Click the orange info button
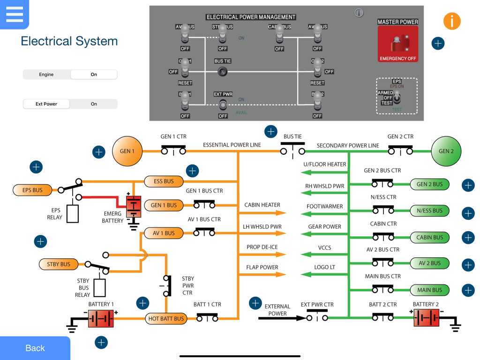[x=451, y=21]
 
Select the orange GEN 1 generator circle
[x=127, y=151]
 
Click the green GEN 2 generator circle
[x=446, y=151]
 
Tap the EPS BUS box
[x=32, y=190]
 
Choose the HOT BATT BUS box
[x=166, y=319]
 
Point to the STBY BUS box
[x=58, y=264]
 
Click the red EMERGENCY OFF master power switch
[x=398, y=45]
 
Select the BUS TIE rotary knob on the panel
[x=223, y=71]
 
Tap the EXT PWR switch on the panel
[x=223, y=104]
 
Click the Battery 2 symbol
[x=426, y=318]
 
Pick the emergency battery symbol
[x=134, y=206]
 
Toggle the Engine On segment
[x=94, y=75]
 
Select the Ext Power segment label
[x=46, y=104]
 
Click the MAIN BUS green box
[x=429, y=290]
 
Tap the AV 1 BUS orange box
[x=164, y=233]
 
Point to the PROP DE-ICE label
[x=262, y=247]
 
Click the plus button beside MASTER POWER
[x=438, y=44]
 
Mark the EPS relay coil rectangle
[x=73, y=213]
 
